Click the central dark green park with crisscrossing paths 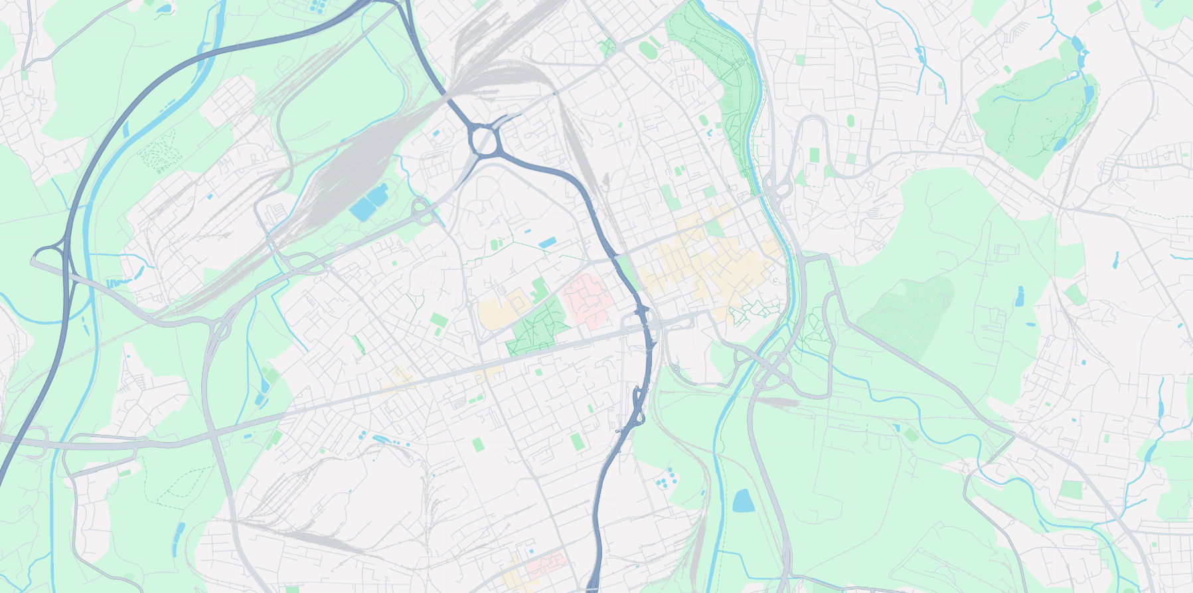[x=537, y=327]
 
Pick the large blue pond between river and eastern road [x=743, y=500]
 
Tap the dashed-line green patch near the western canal [x=159, y=151]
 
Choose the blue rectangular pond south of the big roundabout [x=548, y=243]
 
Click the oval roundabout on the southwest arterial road [x=221, y=327]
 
